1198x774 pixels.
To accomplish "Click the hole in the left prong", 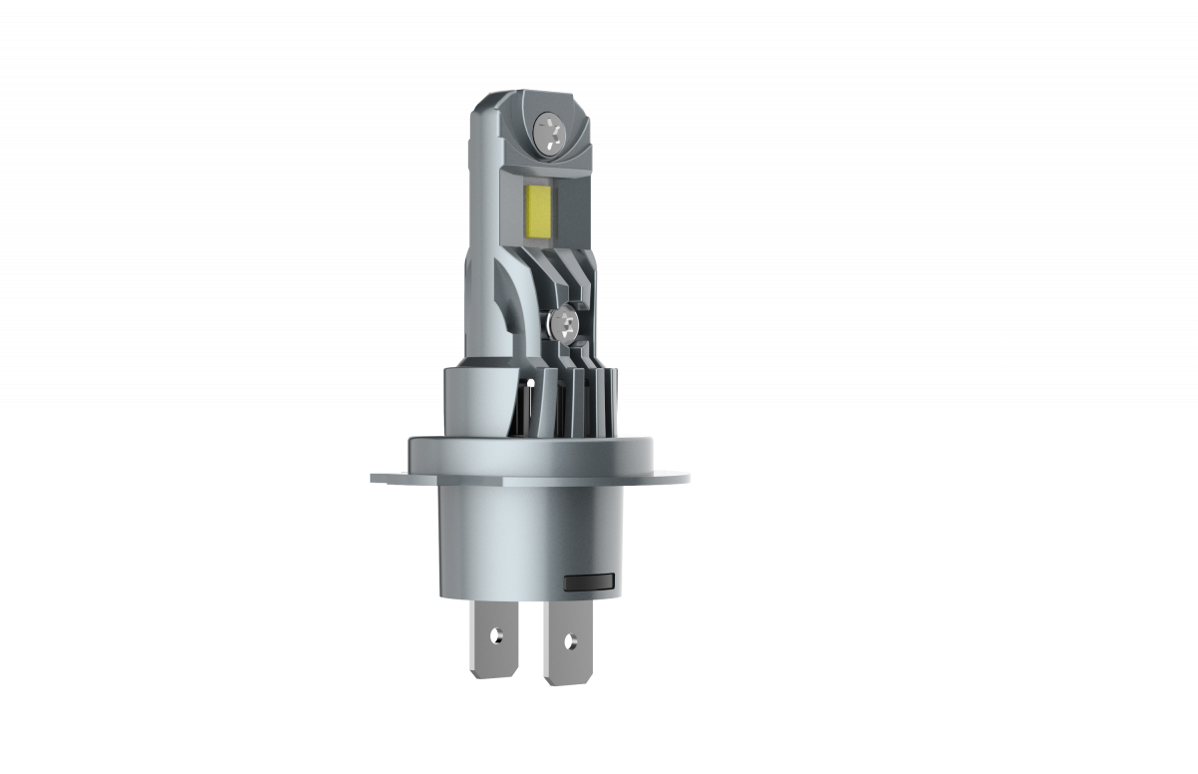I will coord(494,633).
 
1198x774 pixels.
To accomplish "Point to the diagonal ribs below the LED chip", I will coord(559,269).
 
